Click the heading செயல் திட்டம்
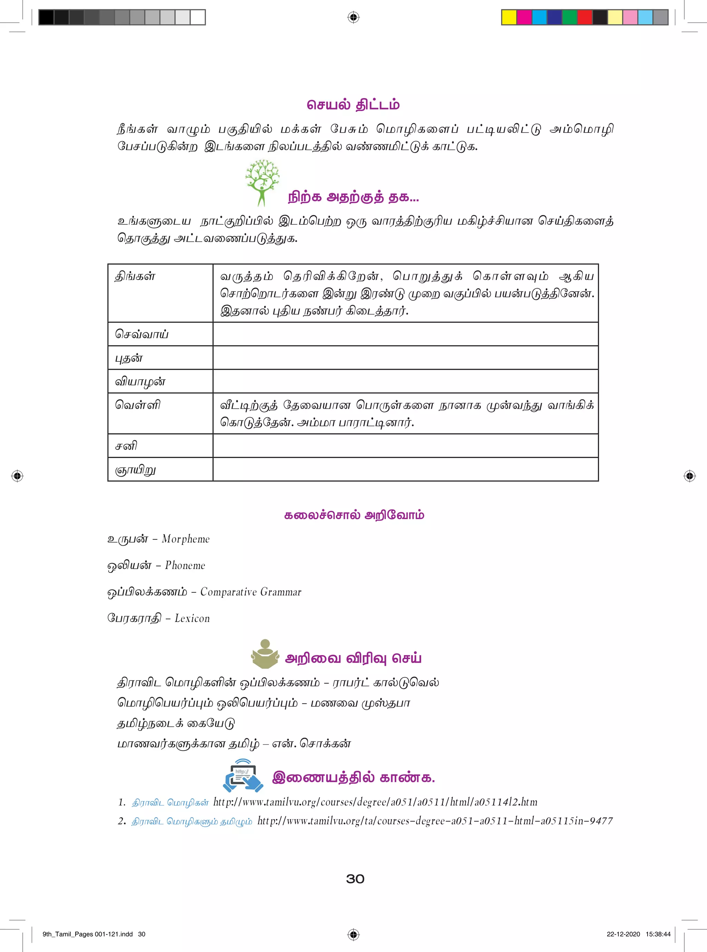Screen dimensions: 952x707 point(353,105)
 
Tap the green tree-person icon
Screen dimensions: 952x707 point(262,182)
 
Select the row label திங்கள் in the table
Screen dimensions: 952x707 point(135,276)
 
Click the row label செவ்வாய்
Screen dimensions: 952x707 point(142,334)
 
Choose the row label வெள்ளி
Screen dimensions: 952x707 point(137,405)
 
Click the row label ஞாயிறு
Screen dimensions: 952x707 point(135,470)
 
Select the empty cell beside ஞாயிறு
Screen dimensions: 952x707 point(405,469)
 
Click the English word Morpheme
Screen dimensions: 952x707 point(186,539)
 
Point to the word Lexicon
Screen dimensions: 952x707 point(192,619)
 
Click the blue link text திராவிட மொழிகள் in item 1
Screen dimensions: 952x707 point(170,803)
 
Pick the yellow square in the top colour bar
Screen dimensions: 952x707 point(509,18)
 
